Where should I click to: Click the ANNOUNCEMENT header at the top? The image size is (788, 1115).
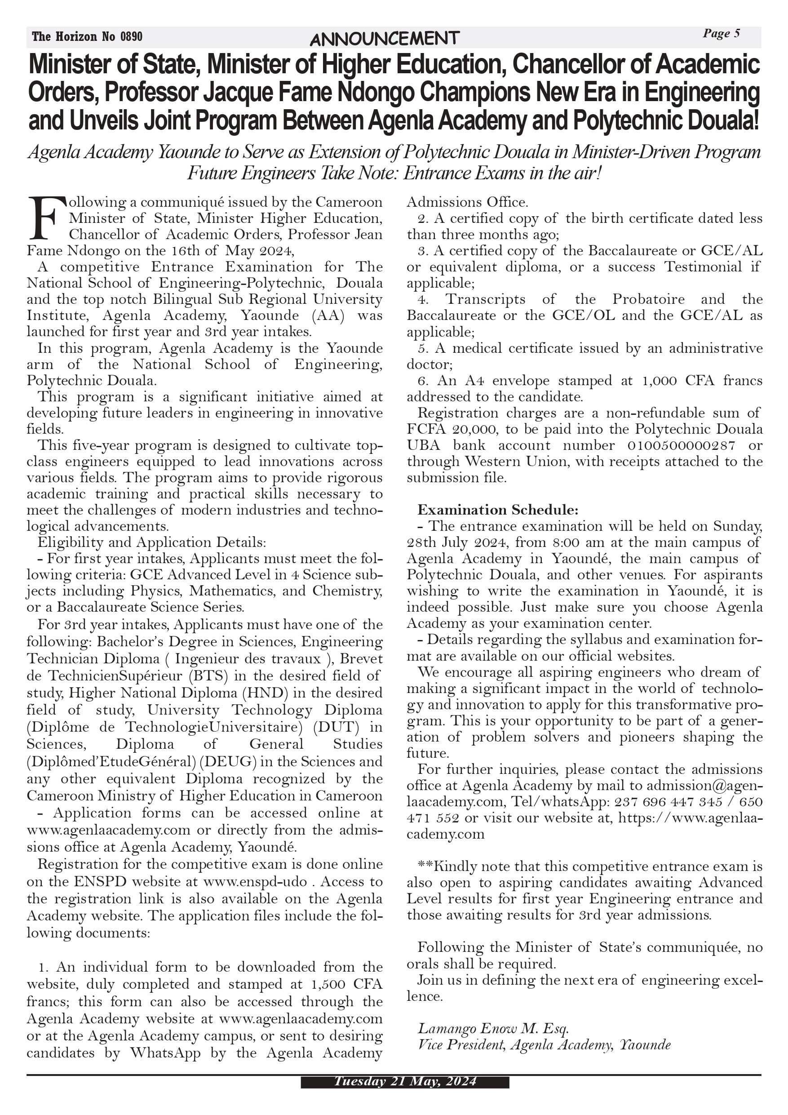pyautogui.click(x=384, y=38)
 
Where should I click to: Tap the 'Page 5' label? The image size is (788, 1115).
pyautogui.click(x=721, y=34)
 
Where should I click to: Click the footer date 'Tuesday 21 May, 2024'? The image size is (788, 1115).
pyautogui.click(x=404, y=1081)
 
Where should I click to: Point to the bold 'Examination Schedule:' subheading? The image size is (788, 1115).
pyautogui.click(x=498, y=510)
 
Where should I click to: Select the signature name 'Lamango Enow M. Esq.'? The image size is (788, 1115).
pyautogui.click(x=493, y=1028)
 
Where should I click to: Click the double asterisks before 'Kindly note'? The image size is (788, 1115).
pyautogui.click(x=425, y=866)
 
